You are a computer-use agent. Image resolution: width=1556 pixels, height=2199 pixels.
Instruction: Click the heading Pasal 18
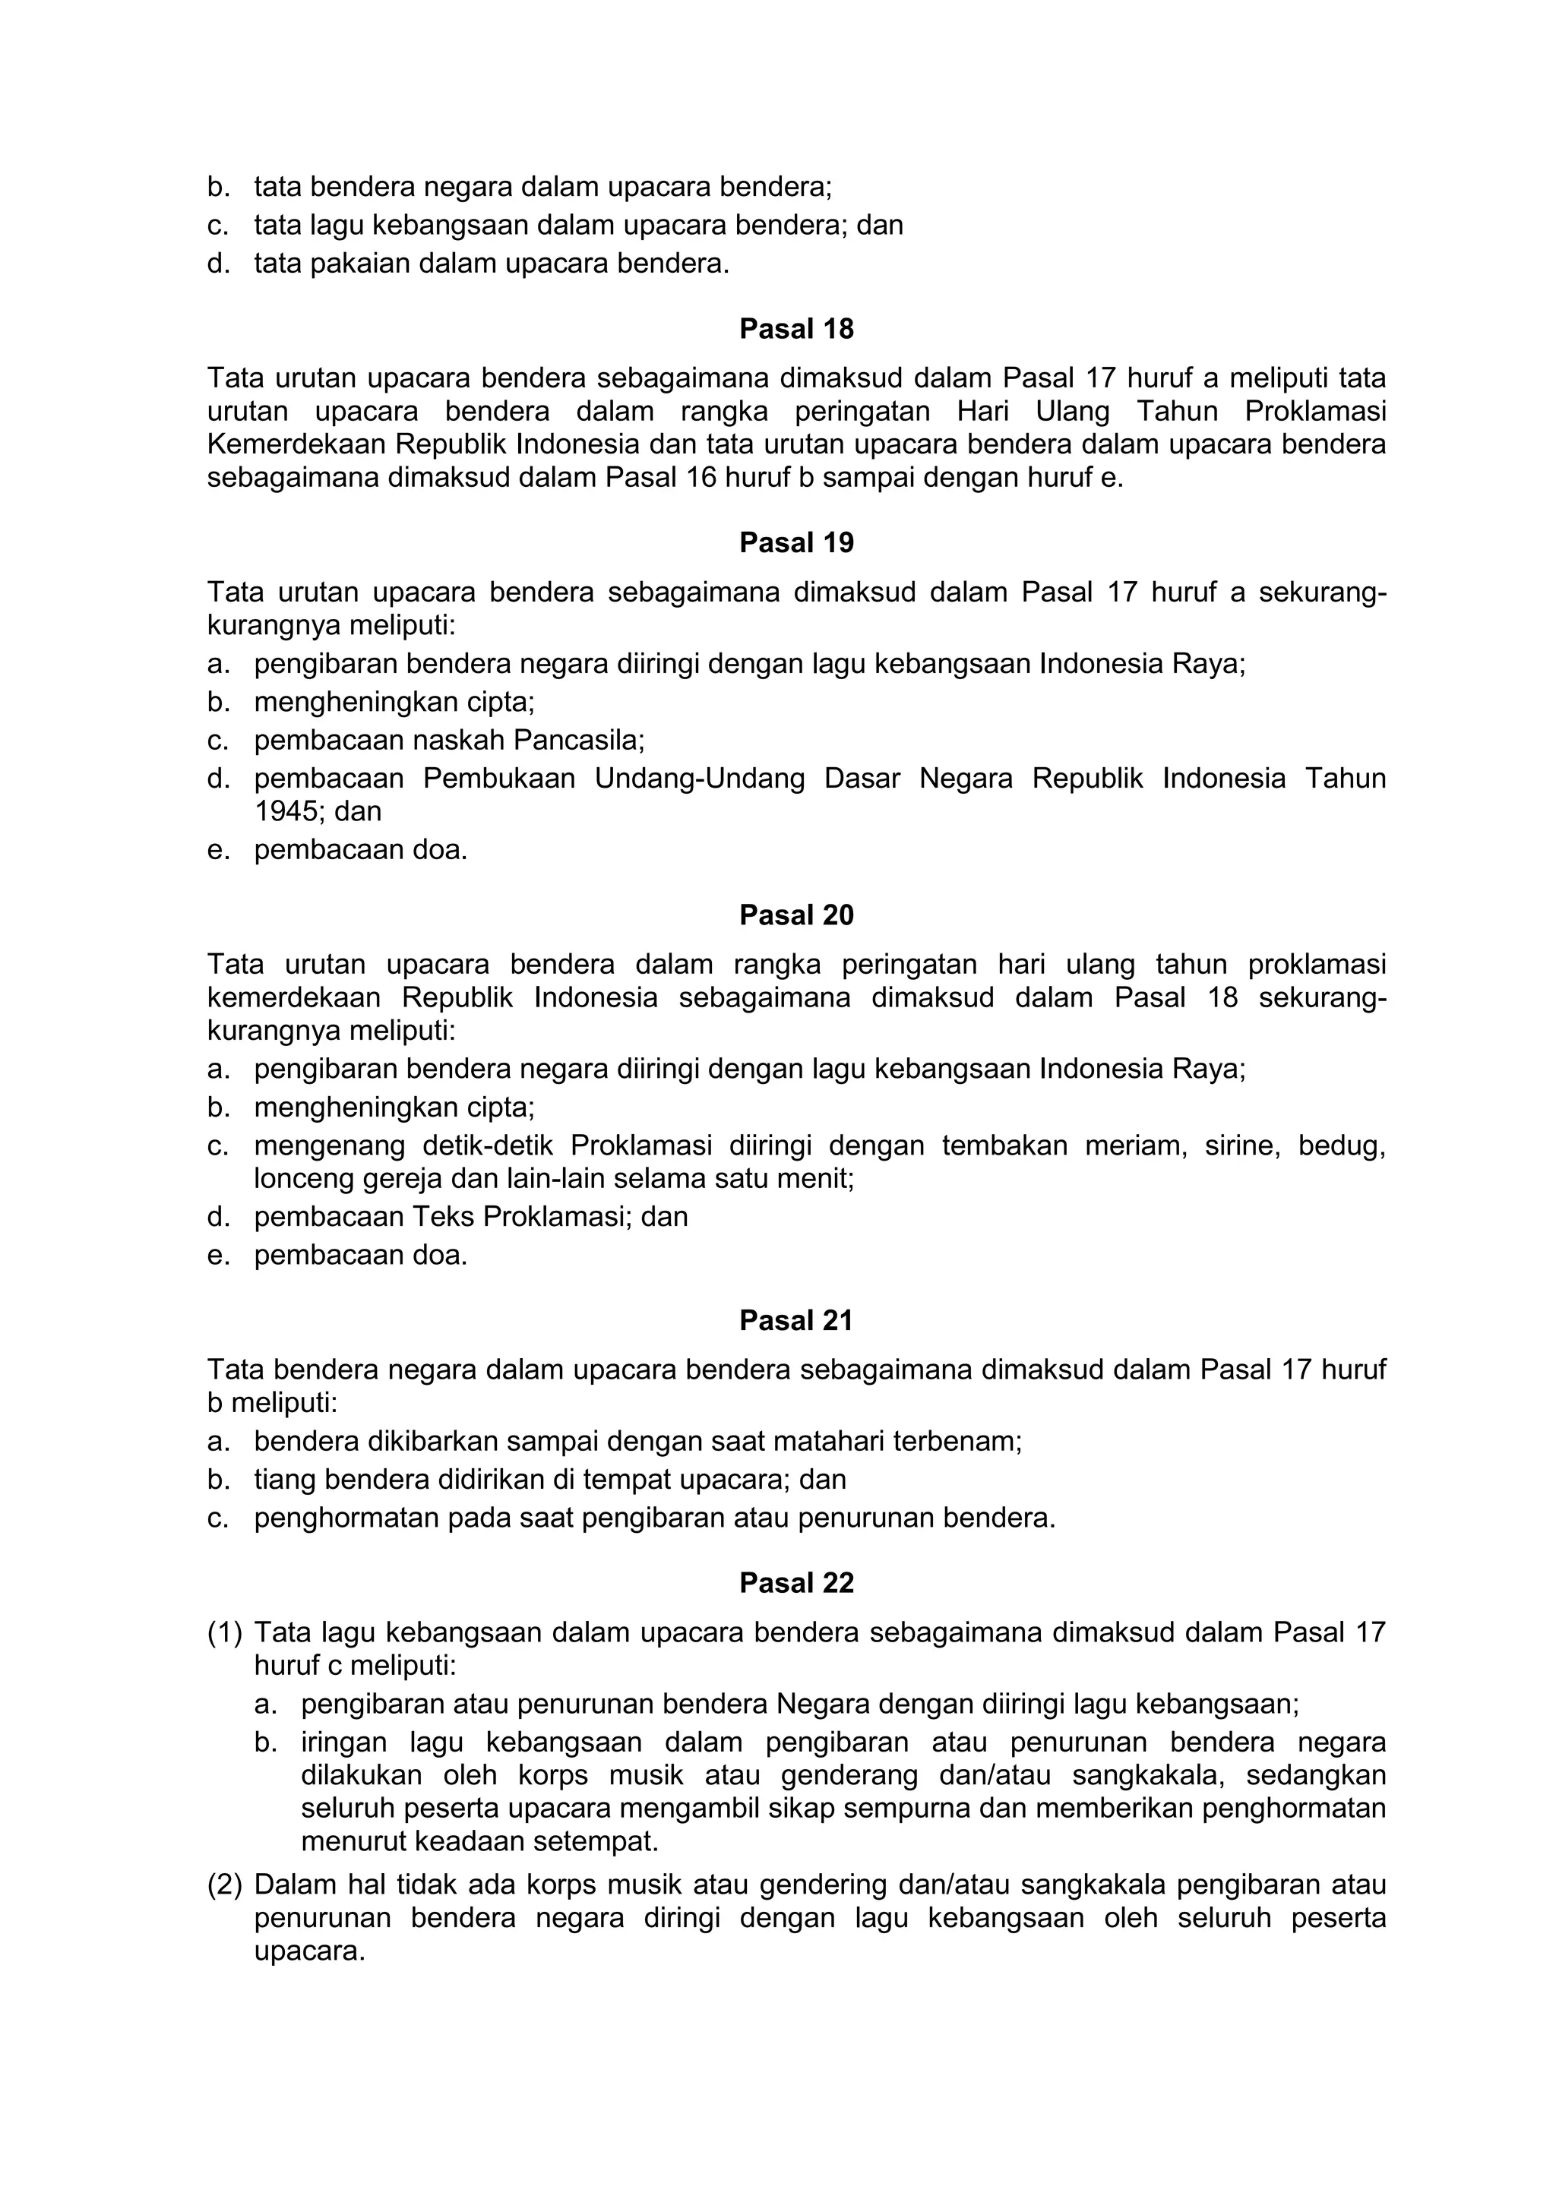[796, 330]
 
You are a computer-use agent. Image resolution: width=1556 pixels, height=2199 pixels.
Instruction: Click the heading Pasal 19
[796, 543]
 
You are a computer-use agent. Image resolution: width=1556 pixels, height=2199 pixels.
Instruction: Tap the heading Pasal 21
[796, 1321]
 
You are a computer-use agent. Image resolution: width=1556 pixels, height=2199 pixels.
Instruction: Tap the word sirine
[1240, 1146]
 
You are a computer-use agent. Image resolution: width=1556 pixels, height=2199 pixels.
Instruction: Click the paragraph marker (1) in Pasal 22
[225, 1632]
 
